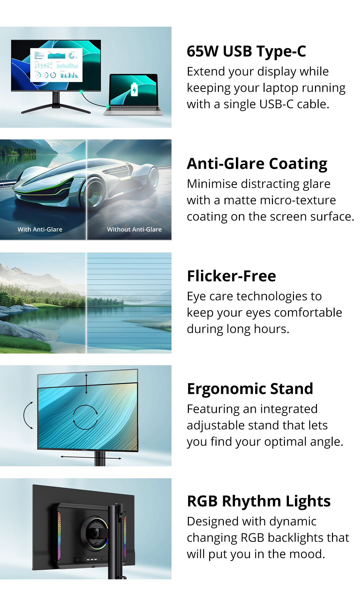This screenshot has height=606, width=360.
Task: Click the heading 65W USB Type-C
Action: pos(246,51)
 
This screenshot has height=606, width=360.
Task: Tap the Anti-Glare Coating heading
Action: pos(257,164)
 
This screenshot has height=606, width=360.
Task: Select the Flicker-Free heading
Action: pos(232,276)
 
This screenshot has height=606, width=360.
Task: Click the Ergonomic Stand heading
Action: pos(250,389)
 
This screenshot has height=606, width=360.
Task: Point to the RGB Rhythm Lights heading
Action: pos(259,501)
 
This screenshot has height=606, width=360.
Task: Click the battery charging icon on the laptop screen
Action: pos(134,89)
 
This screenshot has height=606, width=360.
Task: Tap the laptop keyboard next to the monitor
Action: pos(133,109)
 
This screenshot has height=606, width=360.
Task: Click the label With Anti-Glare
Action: pos(40,229)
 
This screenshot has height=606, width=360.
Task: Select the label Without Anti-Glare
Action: pos(134,229)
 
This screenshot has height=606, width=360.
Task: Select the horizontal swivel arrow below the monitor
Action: pos(91,458)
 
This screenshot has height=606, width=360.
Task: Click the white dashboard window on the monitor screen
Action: pos(56,65)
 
